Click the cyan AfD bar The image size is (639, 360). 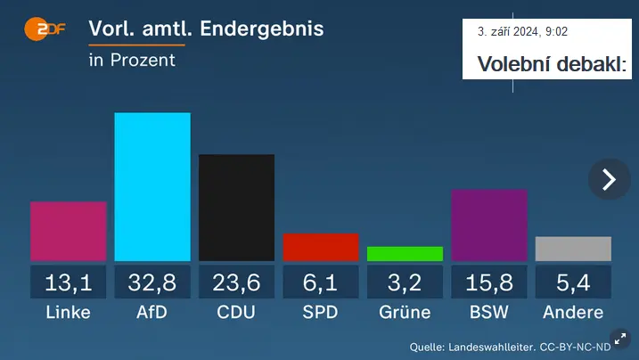tap(152, 186)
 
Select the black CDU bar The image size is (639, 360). tap(236, 208)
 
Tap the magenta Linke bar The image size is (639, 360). tap(69, 232)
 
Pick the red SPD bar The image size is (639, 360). tap(321, 247)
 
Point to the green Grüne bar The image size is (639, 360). tap(405, 254)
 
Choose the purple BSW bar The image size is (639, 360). tap(489, 225)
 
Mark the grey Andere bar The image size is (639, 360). tap(573, 249)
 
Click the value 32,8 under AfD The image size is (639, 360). tap(152, 282)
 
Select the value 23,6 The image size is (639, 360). tap(236, 282)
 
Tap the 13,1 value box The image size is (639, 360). tap(69, 282)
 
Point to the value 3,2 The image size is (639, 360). tap(405, 282)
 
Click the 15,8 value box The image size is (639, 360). tap(489, 282)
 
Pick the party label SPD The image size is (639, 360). tap(321, 312)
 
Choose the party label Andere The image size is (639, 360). tap(573, 312)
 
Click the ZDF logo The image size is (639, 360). tap(45, 29)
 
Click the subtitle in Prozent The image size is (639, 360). tap(132, 61)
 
